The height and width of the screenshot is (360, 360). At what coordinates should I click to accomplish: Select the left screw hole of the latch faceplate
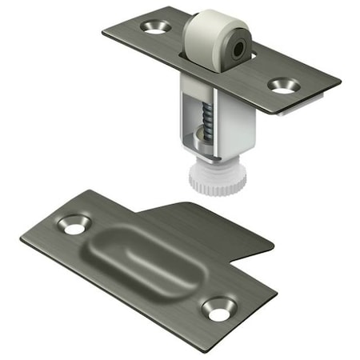(x=152, y=27)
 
